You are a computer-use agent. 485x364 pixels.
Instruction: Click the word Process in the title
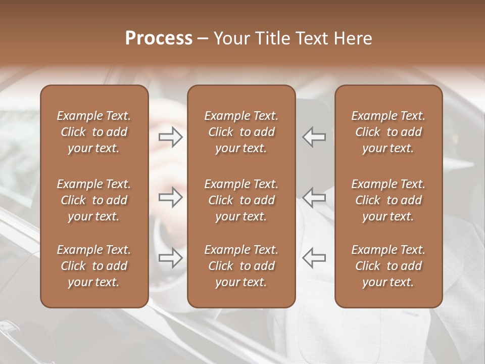click(159, 38)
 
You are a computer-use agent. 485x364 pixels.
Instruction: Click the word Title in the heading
click(271, 38)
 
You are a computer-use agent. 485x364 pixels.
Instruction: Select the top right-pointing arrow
click(171, 136)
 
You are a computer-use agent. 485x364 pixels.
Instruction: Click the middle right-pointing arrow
click(171, 197)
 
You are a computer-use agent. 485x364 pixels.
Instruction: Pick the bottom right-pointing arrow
click(171, 258)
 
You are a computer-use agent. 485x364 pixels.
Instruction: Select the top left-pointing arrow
click(314, 136)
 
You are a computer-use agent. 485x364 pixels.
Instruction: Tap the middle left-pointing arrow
click(314, 197)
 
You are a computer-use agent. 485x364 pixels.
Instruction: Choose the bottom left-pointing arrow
click(314, 258)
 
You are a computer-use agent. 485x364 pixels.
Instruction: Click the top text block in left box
click(94, 132)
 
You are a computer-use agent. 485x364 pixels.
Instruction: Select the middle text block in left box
click(94, 200)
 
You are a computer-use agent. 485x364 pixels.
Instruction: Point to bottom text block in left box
click(94, 266)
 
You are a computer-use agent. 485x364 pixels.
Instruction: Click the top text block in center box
click(241, 132)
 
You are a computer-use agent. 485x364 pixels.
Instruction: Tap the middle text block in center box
click(241, 200)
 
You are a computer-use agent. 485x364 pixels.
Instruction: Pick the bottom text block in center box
click(241, 266)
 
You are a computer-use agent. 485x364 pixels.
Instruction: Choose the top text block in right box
click(388, 132)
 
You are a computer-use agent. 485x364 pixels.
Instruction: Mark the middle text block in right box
click(388, 200)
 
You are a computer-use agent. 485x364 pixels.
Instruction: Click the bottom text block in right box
click(388, 266)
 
